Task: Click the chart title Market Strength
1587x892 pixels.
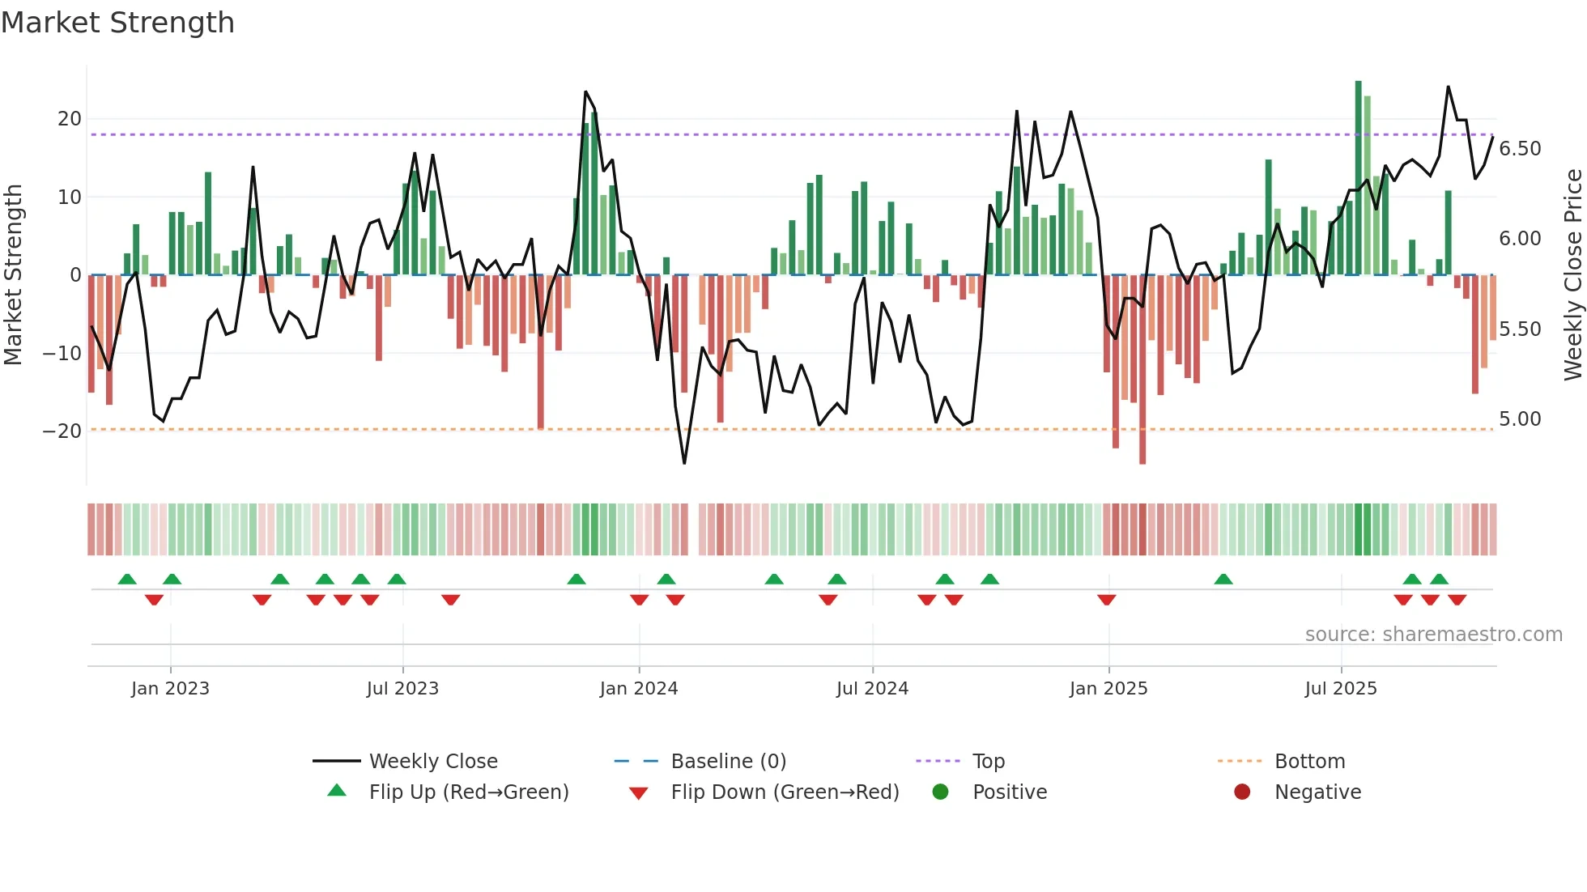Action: pos(117,23)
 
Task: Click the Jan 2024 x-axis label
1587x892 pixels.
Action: pos(639,689)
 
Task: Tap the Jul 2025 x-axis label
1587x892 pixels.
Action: pos(1341,689)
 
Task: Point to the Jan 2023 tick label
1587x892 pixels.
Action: pos(170,689)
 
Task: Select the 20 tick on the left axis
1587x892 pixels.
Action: pos(70,119)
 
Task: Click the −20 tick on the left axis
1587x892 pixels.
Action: pos(63,431)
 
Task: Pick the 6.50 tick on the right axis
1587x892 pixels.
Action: pos(1520,149)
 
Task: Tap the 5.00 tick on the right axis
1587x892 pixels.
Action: pos(1520,419)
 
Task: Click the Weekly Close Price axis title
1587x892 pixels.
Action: pos(1572,275)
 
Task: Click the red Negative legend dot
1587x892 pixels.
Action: pos(1242,792)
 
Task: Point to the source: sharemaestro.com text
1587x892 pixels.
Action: pos(1433,635)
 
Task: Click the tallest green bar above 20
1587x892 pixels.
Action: pos(1359,178)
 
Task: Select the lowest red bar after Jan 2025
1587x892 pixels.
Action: pos(1142,369)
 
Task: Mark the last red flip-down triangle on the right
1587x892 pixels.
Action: pos(1457,600)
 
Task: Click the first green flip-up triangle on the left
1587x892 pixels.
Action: pos(127,579)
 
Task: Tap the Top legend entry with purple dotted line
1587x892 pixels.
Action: pos(988,762)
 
